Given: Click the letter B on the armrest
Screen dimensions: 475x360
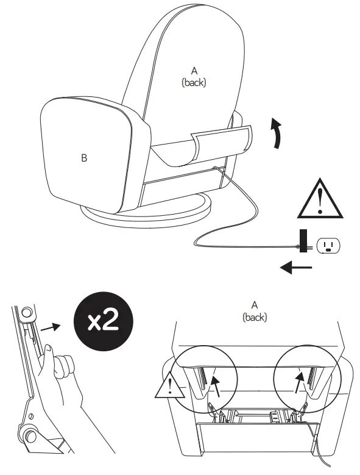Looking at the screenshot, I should (84, 159).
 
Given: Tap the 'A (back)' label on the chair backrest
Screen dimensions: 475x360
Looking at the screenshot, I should (194, 77).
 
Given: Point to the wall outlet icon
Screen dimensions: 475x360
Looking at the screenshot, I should (328, 246).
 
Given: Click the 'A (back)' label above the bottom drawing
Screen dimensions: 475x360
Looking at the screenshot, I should (255, 310).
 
